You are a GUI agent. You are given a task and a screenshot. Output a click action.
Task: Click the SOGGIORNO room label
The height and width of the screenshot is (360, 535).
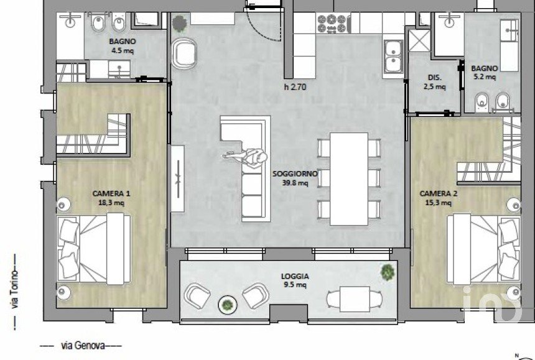[x=295, y=173]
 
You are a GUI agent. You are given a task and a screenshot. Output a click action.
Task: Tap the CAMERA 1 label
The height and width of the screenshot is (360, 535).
[x=111, y=193]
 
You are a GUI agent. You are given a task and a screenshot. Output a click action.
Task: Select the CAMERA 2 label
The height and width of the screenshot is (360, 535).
[x=438, y=193]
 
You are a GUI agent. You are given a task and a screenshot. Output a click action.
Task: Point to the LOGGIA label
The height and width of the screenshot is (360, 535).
[x=295, y=277]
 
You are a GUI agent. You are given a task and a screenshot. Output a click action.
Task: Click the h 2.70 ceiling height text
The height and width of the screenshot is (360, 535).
[x=295, y=87]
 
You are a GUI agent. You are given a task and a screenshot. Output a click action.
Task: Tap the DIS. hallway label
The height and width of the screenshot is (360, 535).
[x=434, y=78]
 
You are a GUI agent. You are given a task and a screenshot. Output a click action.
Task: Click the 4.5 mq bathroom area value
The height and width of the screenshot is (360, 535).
[x=123, y=51]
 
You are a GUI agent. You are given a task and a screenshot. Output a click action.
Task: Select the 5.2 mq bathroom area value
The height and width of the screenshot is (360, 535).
[x=485, y=76]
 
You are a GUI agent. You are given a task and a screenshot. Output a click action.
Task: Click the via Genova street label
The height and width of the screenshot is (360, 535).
[x=83, y=345]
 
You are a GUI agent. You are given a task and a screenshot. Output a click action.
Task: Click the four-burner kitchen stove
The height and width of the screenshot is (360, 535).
[x=333, y=24]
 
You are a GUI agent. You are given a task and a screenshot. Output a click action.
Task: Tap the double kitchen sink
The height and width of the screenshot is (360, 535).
[x=393, y=57]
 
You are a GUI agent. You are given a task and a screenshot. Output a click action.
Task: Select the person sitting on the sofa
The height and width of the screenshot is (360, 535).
[x=246, y=157]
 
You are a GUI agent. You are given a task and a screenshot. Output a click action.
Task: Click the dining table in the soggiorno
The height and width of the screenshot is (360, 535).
[x=349, y=179]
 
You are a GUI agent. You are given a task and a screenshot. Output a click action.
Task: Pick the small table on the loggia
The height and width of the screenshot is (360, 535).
[x=355, y=299]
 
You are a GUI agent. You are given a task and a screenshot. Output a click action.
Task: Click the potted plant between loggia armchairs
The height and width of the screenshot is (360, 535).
[x=228, y=305]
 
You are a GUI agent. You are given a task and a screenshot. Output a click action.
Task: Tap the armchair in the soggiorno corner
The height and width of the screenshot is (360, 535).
[x=184, y=54]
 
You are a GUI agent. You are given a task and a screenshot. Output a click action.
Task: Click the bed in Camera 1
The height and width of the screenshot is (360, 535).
[x=93, y=249]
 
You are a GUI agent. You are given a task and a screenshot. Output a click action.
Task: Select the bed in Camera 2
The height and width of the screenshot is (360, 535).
[x=484, y=249]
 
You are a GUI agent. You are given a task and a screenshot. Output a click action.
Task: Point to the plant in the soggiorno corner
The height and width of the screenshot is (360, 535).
[x=179, y=24]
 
